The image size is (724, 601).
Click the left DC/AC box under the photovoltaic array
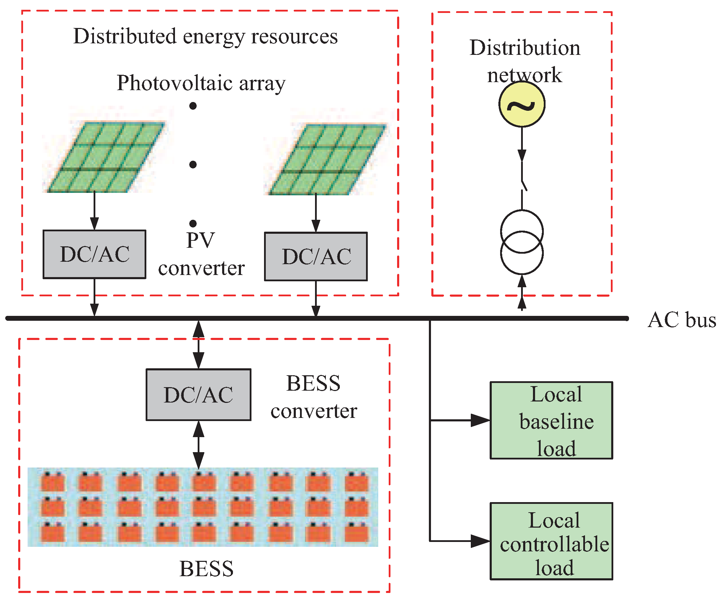point(94,254)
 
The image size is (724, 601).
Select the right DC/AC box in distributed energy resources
point(316,256)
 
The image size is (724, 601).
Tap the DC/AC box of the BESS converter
point(198,394)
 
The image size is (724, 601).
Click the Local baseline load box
point(551,420)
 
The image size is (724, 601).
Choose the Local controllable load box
point(551,541)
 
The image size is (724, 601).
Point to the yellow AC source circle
point(522,104)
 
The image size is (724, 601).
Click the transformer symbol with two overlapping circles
point(522,242)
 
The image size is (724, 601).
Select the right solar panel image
point(327,159)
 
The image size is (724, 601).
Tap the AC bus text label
point(681,320)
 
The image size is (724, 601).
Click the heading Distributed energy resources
point(205,37)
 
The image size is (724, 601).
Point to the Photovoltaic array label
point(201,83)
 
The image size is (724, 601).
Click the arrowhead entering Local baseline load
point(481,420)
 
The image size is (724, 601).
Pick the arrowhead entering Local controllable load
point(481,541)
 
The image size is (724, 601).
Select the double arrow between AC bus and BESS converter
point(198,344)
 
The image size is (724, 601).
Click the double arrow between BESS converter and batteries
point(198,444)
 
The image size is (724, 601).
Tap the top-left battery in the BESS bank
point(53,481)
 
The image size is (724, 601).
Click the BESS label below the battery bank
point(206,569)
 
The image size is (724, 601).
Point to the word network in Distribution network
point(524,75)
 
